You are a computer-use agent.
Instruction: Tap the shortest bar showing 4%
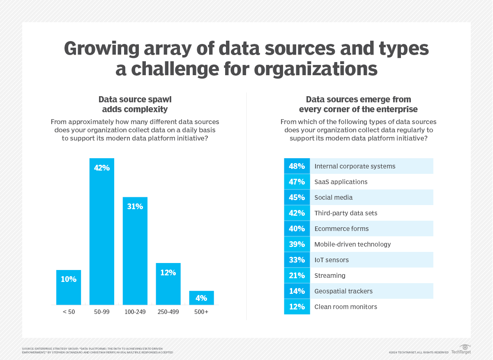(x=201, y=298)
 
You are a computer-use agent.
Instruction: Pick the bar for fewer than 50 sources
(x=69, y=287)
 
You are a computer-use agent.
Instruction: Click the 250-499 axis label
(x=168, y=312)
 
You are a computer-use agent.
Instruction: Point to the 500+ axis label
(x=201, y=312)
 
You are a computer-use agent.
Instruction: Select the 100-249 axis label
(x=135, y=312)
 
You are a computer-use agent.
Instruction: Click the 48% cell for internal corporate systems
(x=297, y=166)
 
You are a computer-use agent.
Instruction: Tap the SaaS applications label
(x=341, y=182)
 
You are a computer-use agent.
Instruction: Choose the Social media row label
(x=333, y=197)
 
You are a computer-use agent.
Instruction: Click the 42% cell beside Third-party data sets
(x=297, y=213)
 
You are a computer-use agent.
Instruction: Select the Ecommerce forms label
(x=341, y=228)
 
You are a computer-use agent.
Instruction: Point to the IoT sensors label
(x=331, y=260)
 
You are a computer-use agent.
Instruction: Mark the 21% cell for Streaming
(x=297, y=275)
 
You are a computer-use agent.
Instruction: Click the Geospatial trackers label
(x=343, y=291)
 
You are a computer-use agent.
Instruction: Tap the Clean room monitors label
(x=346, y=307)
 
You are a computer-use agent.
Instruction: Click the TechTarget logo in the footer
(x=461, y=350)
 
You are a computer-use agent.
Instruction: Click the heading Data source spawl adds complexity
(x=135, y=104)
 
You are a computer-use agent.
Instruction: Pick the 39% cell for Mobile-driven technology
(x=297, y=244)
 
